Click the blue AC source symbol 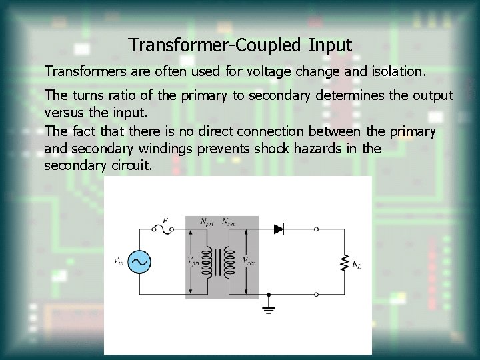[140, 261]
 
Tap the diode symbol [279, 229]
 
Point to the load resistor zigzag [345, 261]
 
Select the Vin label [118, 261]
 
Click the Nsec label [230, 221]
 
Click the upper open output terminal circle [316, 229]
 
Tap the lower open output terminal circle [316, 294]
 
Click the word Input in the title [329, 45]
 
